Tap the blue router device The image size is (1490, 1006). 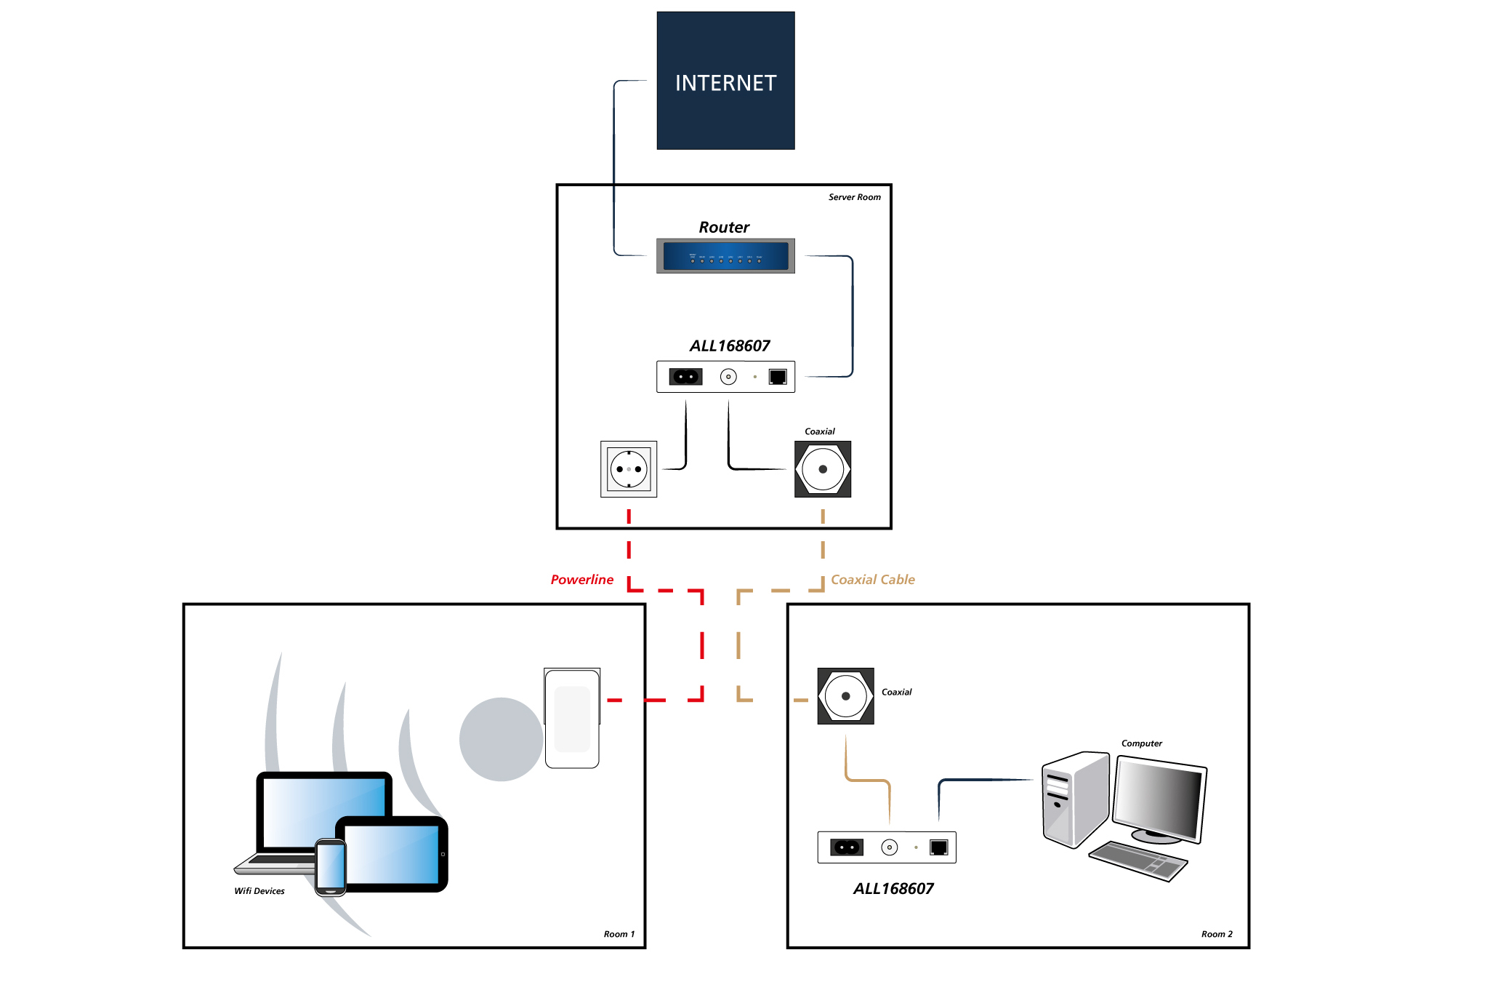pyautogui.click(x=725, y=256)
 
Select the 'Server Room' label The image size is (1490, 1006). pyautogui.click(x=854, y=197)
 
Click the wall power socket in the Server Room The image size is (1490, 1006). pyautogui.click(x=629, y=469)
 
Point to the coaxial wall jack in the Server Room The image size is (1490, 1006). pyautogui.click(x=823, y=469)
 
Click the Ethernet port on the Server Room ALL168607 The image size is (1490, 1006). pyautogui.click(x=778, y=377)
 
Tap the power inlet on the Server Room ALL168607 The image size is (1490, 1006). pyautogui.click(x=685, y=377)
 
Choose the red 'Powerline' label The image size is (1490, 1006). pyautogui.click(x=581, y=580)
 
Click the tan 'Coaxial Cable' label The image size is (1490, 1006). pyautogui.click(x=872, y=580)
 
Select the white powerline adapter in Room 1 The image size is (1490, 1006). pyautogui.click(x=572, y=719)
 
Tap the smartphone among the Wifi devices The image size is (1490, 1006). pyautogui.click(x=331, y=866)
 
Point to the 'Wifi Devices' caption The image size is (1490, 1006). pyautogui.click(x=259, y=891)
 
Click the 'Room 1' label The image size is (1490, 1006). pyautogui.click(x=619, y=934)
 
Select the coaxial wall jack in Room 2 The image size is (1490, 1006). pyautogui.click(x=845, y=696)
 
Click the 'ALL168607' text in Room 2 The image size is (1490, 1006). pyautogui.click(x=893, y=888)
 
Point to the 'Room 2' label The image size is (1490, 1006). pyautogui.click(x=1216, y=934)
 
